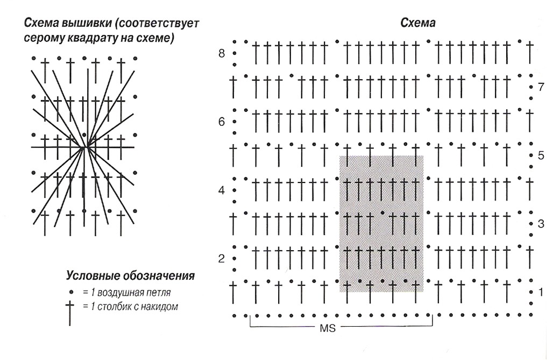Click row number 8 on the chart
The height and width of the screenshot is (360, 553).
[222, 54]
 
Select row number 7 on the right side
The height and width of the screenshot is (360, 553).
[541, 87]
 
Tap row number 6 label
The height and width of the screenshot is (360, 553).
[222, 122]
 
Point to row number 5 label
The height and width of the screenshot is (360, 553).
[541, 156]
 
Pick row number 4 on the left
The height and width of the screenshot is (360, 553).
[222, 190]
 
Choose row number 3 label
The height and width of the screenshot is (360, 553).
[541, 224]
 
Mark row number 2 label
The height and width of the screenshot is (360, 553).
[222, 259]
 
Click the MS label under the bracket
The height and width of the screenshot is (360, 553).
[328, 329]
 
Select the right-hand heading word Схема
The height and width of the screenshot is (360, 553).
[417, 23]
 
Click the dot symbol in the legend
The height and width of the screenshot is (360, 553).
[72, 293]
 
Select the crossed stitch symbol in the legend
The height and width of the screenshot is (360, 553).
[70, 313]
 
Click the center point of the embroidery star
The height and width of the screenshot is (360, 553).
[84, 147]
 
